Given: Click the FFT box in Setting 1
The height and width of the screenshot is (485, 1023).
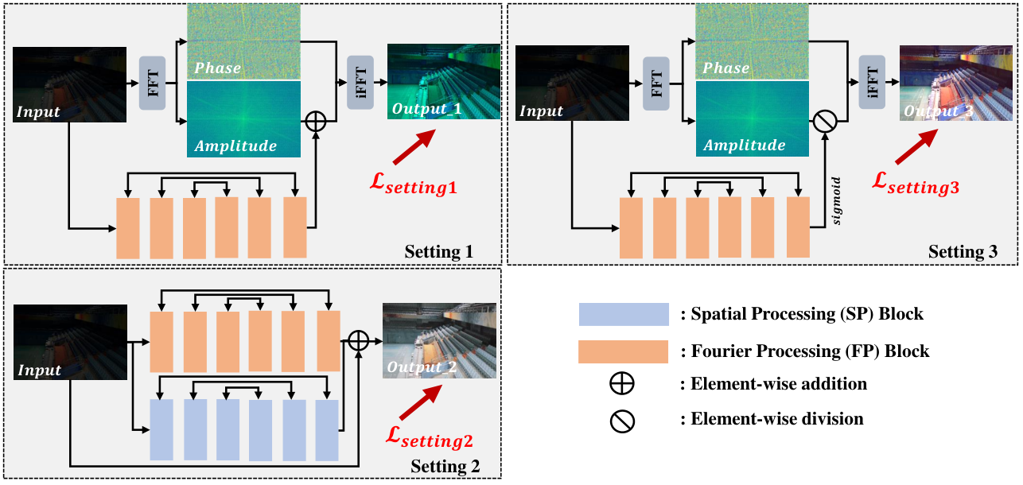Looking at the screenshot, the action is coord(152,83).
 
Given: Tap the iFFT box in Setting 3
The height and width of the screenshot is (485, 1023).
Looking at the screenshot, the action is coord(872,82).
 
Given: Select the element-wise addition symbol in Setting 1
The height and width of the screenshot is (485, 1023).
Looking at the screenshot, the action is coord(316,122).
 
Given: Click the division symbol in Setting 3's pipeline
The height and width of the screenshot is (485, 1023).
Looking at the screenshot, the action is coord(825,122).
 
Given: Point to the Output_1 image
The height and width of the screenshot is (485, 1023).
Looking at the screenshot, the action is coord(444,81).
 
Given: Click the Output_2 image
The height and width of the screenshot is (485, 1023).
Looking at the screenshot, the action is coord(439,340).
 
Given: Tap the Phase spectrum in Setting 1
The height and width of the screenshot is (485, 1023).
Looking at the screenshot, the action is coord(243,41).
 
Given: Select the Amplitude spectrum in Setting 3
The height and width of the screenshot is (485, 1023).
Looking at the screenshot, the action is coord(753,118).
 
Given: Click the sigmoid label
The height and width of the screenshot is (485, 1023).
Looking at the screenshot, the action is coord(836,200).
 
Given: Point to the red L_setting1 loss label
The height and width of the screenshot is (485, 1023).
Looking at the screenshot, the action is coord(414,184).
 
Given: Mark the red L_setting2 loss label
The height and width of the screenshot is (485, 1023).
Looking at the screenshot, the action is coord(430,437).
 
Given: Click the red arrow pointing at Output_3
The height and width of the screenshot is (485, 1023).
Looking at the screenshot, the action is coord(916,146).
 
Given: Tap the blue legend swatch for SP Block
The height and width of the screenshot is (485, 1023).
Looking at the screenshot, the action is coord(624,314).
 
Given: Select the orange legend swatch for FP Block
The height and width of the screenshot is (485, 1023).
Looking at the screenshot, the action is coord(623,351).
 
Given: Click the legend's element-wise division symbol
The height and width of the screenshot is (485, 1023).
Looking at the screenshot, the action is coord(622,421).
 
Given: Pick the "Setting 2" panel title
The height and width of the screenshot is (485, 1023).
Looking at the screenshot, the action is coord(445,466).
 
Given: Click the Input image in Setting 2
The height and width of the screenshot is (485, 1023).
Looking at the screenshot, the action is coord(70,342).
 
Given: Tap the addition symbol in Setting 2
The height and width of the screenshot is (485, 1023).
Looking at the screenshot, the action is coord(359,340).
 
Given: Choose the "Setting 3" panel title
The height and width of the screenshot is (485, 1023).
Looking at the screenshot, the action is coord(963,251).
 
